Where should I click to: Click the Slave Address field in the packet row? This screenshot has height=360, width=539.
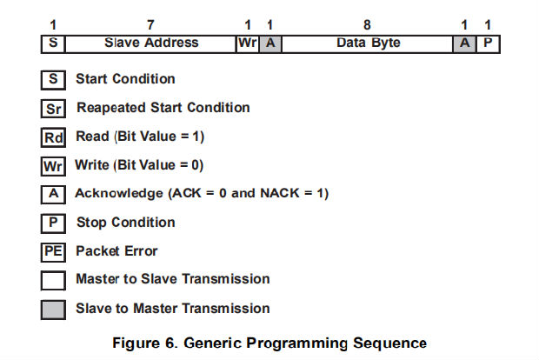pyautogui.click(x=150, y=43)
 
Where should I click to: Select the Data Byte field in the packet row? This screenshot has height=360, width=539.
pyautogui.click(x=368, y=43)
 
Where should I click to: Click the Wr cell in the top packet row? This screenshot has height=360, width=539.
pyautogui.click(x=247, y=43)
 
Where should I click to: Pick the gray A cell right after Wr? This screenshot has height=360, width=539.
pyautogui.click(x=270, y=43)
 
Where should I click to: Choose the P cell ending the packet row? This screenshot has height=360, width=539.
pyautogui.click(x=489, y=43)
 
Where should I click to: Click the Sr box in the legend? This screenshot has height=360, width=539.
pyautogui.click(x=53, y=109)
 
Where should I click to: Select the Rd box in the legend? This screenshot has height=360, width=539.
pyautogui.click(x=53, y=137)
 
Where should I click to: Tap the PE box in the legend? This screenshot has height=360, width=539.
pyautogui.click(x=53, y=252)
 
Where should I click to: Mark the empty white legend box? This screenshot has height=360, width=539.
pyautogui.click(x=53, y=280)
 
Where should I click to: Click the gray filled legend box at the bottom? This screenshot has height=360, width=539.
pyautogui.click(x=53, y=309)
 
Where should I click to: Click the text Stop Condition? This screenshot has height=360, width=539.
pyautogui.click(x=125, y=223)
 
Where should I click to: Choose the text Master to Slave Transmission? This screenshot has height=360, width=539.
pyautogui.click(x=172, y=279)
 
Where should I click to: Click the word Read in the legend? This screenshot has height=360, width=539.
pyautogui.click(x=92, y=137)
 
